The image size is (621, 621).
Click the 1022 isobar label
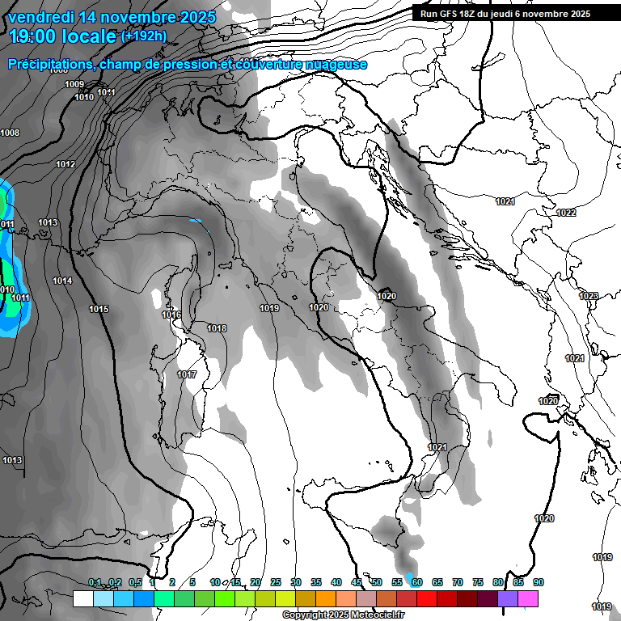(x=566, y=213)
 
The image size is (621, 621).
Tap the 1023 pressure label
(x=589, y=297)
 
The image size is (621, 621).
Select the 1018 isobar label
(x=217, y=328)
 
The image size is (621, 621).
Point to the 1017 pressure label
(x=187, y=374)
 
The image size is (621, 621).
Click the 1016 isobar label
(x=171, y=315)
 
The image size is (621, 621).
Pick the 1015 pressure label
(x=99, y=309)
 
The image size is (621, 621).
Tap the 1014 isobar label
(x=62, y=281)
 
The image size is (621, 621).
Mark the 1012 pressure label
(x=65, y=164)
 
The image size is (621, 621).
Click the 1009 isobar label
(x=74, y=84)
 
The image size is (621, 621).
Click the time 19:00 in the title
(x=34, y=36)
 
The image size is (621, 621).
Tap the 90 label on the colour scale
(x=539, y=582)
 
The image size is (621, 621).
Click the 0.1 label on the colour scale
(x=95, y=582)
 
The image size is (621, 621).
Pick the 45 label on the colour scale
(x=357, y=582)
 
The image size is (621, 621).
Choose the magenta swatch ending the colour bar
(x=528, y=598)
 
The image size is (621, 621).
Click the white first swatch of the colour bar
(x=82, y=598)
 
